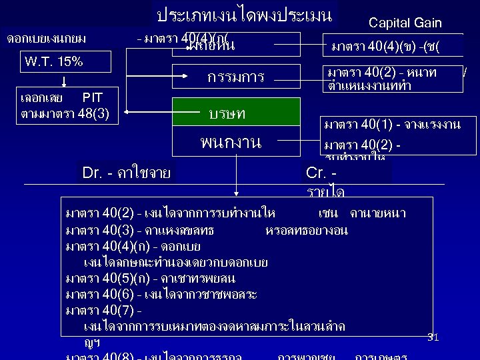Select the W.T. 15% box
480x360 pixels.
click(54, 62)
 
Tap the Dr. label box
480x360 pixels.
click(127, 173)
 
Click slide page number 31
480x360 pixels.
click(433, 337)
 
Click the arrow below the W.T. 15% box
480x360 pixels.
click(65, 80)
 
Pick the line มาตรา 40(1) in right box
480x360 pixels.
click(391, 125)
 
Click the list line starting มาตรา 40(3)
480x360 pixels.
click(207, 230)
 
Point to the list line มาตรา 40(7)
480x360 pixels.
click(103, 310)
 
